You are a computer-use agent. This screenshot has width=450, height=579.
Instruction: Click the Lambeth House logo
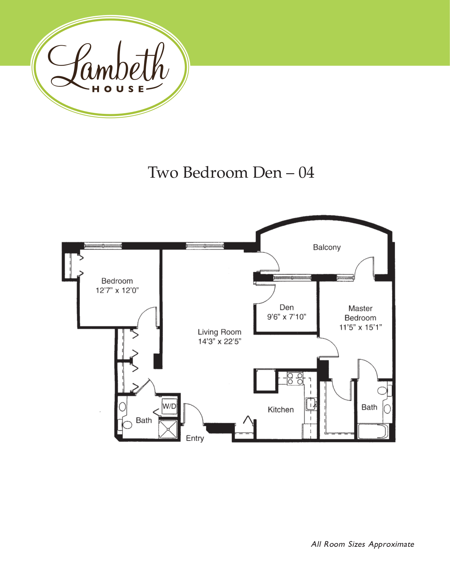(x=110, y=66)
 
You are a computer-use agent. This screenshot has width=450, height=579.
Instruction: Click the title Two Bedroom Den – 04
(x=231, y=173)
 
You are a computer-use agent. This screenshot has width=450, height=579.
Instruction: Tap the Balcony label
(x=327, y=247)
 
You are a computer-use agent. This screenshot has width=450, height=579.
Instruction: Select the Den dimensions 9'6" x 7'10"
(x=287, y=317)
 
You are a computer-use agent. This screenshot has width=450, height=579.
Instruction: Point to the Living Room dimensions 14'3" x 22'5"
(x=219, y=342)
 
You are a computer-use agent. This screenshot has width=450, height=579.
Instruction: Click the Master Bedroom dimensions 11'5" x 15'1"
(x=360, y=328)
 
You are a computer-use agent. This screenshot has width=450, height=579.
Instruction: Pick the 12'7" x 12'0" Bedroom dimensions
(x=117, y=291)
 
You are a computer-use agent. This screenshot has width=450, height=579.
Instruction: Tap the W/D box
(x=169, y=406)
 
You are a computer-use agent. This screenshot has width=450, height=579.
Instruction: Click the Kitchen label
(x=281, y=410)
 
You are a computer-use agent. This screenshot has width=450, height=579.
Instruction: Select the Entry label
(x=195, y=438)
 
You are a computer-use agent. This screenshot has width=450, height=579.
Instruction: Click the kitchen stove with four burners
(x=295, y=379)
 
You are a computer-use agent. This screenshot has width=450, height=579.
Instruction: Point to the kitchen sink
(x=311, y=403)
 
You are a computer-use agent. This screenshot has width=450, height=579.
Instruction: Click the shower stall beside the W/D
(x=168, y=429)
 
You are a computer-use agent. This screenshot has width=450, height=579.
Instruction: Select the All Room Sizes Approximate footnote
(x=362, y=544)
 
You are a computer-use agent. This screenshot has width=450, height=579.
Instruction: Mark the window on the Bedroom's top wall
(x=103, y=246)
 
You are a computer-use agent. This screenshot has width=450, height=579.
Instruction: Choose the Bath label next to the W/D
(x=144, y=420)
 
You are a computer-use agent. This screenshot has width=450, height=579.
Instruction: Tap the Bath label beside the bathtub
(x=369, y=407)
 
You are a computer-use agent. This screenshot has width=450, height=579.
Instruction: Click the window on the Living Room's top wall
(x=205, y=246)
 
